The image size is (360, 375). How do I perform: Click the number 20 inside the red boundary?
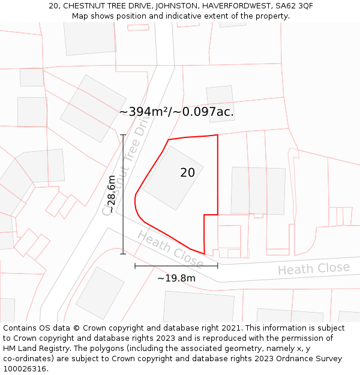[x=187, y=173]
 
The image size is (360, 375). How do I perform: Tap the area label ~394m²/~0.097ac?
[x=176, y=112]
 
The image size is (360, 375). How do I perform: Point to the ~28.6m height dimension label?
[x=112, y=194]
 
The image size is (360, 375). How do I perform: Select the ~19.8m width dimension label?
[x=176, y=278]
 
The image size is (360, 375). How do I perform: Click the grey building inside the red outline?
[x=173, y=178]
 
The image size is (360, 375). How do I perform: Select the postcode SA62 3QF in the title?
[x=294, y=5]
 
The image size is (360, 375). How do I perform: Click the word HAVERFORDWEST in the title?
[x=232, y=5]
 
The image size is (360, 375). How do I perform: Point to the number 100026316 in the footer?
[x=25, y=368]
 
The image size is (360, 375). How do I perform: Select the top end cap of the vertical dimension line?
[x=123, y=135]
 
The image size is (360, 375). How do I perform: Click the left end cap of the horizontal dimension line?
[x=135, y=265]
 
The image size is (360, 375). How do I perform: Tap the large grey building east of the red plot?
[x=258, y=190]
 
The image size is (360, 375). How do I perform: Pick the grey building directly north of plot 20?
[x=220, y=104]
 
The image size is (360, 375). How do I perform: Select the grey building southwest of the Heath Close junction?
[x=100, y=293]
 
